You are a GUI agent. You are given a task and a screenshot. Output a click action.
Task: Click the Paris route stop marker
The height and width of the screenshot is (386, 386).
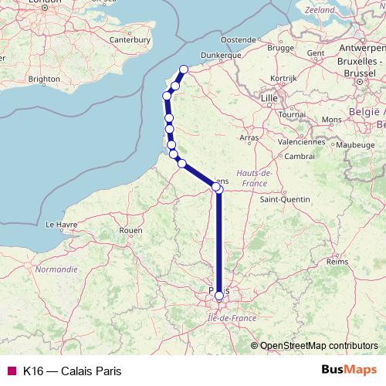tap(219, 295)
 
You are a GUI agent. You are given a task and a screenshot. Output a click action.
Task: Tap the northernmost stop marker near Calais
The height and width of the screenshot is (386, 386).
tap(184, 70)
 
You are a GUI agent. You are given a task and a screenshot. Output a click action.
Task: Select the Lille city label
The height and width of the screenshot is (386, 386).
tap(269, 99)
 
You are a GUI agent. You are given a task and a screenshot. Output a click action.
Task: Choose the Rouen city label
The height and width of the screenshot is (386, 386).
tap(130, 230)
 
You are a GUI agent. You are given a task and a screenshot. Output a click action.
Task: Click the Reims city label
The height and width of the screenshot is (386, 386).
tap(337, 262)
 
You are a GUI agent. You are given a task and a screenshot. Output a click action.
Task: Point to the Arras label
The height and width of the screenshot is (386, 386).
tap(249, 137)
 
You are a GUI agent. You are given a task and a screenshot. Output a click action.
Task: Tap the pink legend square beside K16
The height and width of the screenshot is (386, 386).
tap(11, 371)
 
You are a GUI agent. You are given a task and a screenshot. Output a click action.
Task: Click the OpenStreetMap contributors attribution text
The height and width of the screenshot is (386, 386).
tap(319, 346)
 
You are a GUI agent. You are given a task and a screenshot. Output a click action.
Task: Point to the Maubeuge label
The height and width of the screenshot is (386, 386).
tap(355, 144)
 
